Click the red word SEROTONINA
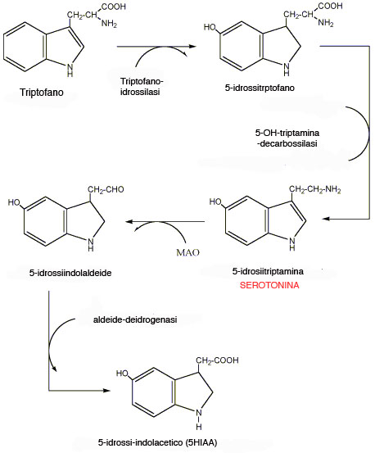click(x=269, y=285)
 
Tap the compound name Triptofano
click(x=42, y=93)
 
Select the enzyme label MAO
click(x=187, y=253)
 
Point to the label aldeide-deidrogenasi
click(x=135, y=319)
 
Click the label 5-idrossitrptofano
click(x=260, y=88)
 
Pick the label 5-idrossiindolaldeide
click(x=70, y=273)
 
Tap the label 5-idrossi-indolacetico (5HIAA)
click(x=157, y=442)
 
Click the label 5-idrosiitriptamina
click(x=268, y=271)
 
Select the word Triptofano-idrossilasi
click(x=142, y=87)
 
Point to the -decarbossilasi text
click(x=287, y=143)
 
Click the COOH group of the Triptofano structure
click(x=113, y=7)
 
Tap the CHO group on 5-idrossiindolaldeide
click(x=115, y=189)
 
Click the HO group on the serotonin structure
click(x=215, y=202)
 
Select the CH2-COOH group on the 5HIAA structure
click(x=217, y=360)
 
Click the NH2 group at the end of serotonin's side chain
click(x=333, y=189)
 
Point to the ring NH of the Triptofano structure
click(x=70, y=70)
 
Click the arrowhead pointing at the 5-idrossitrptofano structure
click(x=192, y=46)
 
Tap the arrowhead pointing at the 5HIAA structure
click(x=106, y=391)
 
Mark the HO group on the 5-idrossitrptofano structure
click(x=210, y=27)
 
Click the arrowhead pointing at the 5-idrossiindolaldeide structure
click(x=129, y=222)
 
